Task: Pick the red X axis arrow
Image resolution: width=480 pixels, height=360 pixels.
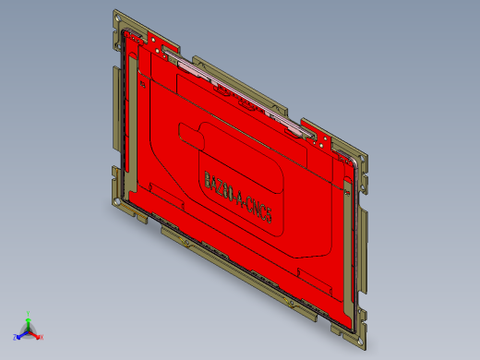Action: click(x=36, y=335)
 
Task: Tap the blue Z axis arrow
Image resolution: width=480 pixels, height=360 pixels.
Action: click(x=19, y=335)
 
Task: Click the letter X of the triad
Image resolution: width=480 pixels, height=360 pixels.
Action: click(x=42, y=337)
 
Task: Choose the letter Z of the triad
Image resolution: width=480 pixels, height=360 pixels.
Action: click(x=14, y=337)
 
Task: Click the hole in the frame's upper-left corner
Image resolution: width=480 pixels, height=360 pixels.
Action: click(x=118, y=17)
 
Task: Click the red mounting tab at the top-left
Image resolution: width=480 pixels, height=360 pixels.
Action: click(x=155, y=39)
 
